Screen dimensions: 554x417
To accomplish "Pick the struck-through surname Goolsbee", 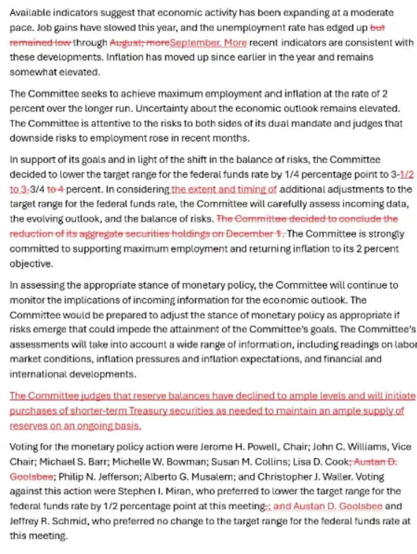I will pyautogui.click(x=31, y=477).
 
